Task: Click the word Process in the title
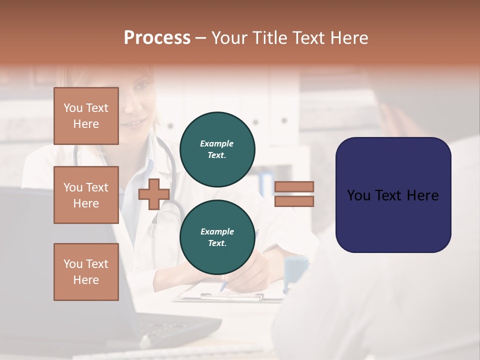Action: pos(157,38)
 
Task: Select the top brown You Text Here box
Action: pos(86,116)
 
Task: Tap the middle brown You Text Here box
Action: pos(86,195)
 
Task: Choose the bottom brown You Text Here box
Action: pos(86,272)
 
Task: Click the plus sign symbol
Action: pos(153,194)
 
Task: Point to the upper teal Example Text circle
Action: pos(217,149)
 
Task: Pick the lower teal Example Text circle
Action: pos(217,237)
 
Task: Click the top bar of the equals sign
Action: pos(294,187)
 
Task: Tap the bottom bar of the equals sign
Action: pos(294,201)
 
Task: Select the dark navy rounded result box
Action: pos(393,195)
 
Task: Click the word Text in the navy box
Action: pos(392,195)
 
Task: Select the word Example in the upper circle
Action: pos(217,143)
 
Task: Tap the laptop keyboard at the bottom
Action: pos(165,330)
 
